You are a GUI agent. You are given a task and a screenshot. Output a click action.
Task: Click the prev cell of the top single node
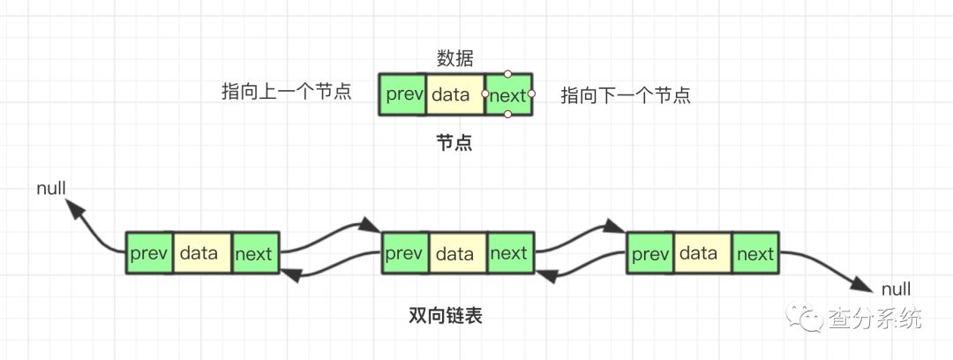coord(402,95)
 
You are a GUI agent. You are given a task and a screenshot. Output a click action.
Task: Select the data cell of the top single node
coord(454,95)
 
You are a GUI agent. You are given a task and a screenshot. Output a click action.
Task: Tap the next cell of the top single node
coord(508,95)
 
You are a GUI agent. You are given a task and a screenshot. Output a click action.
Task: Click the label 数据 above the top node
coord(455,59)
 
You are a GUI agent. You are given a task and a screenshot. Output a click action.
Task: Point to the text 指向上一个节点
coord(287,92)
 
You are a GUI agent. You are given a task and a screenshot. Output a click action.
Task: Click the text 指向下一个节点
coord(626,95)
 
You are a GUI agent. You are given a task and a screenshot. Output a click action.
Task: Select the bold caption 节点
coord(454,142)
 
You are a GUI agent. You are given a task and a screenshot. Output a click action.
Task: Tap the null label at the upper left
coord(51,188)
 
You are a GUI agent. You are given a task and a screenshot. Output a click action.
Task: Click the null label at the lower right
coord(896,289)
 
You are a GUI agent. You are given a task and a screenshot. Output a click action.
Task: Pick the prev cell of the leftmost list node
coord(149,254)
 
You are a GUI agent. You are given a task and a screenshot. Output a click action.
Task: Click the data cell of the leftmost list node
coord(202,254)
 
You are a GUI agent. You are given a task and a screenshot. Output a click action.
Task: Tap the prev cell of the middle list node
coord(404,254)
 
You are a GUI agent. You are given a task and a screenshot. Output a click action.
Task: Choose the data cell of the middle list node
coord(456,254)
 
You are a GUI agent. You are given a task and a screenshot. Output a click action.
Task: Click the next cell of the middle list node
coord(509,254)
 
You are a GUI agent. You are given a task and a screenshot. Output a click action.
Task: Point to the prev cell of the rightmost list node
coord(649,254)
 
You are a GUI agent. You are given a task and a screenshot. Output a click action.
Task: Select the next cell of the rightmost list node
coord(755,254)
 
